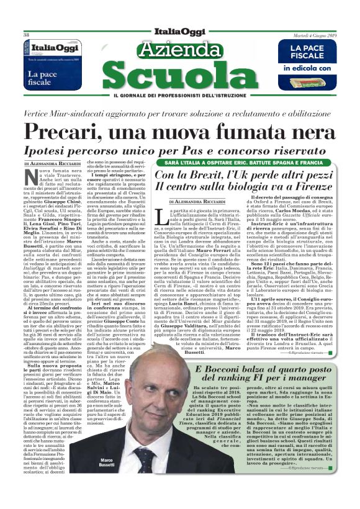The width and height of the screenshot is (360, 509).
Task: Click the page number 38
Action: [x=26, y=35]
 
